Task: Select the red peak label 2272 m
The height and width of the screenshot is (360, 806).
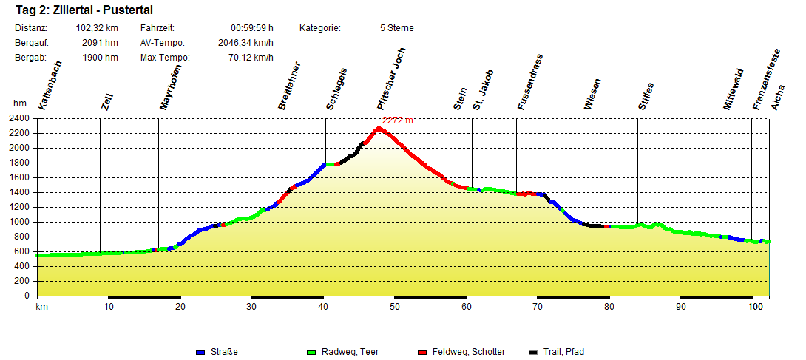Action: [x=398, y=120]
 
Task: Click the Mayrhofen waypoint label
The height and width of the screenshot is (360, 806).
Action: [x=170, y=88]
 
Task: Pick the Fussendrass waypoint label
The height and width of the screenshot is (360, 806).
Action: [x=530, y=83]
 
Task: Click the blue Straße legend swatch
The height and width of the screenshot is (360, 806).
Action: [x=200, y=352]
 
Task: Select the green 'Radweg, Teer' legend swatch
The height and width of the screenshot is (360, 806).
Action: [x=311, y=352]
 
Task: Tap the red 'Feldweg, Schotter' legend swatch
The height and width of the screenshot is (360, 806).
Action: [x=422, y=352]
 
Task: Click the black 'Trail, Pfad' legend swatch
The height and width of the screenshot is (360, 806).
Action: [x=534, y=352]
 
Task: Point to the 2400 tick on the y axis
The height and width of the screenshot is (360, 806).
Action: [x=18, y=118]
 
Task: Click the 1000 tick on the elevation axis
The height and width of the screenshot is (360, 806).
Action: [x=18, y=222]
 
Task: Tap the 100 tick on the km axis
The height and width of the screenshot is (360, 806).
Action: [x=755, y=306]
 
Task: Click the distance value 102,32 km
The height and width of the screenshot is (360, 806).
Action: [x=97, y=28]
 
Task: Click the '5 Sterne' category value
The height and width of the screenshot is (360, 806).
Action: [x=396, y=28]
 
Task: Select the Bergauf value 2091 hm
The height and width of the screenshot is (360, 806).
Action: [x=101, y=43]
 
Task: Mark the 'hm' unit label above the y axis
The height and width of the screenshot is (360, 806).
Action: [x=19, y=105]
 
